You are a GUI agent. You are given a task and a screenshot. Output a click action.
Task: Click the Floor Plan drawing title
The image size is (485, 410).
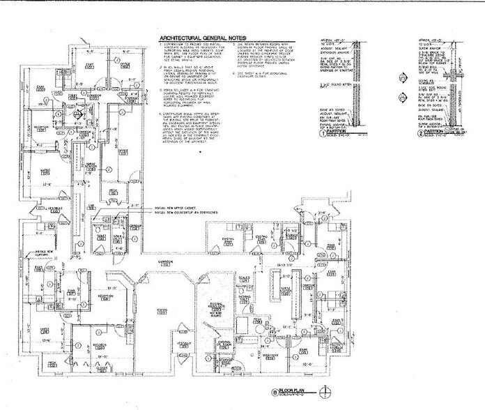pyautogui.click(x=288, y=392)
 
